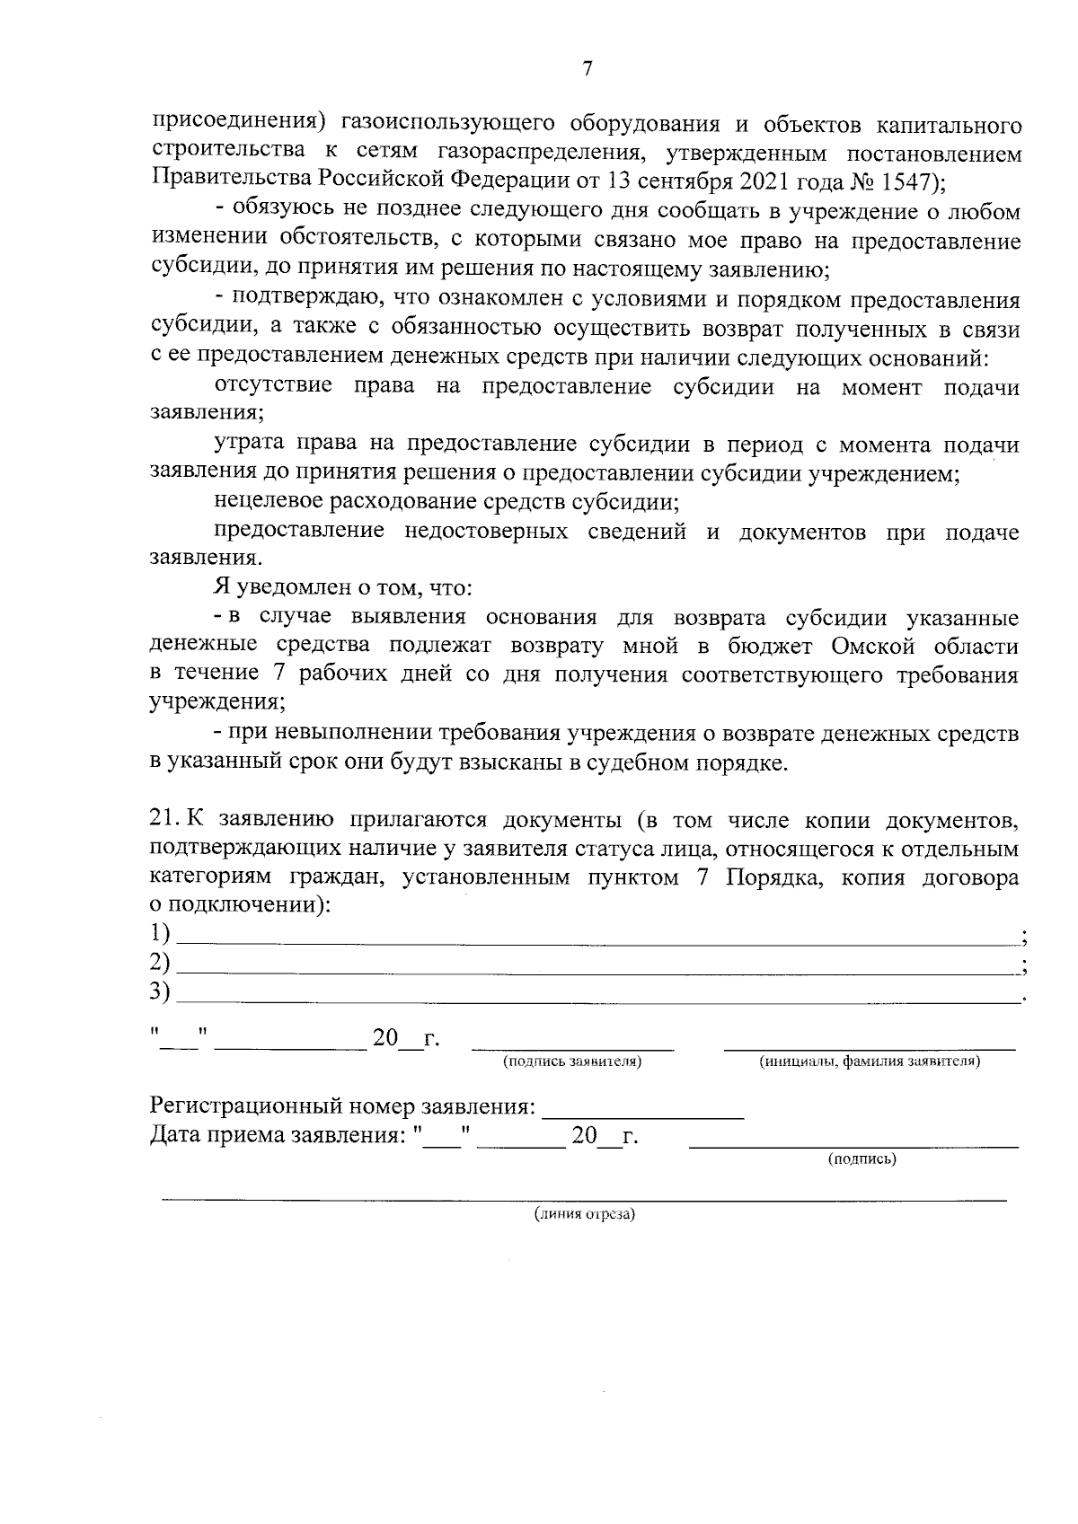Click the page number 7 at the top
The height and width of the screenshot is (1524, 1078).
(x=587, y=69)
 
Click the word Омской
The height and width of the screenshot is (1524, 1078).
(x=874, y=647)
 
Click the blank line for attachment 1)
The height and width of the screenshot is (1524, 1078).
(x=597, y=939)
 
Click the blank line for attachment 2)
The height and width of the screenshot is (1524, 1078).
(x=597, y=970)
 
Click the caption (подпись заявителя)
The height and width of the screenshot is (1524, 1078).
(x=572, y=1062)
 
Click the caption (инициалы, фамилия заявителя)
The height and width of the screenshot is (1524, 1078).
(x=869, y=1062)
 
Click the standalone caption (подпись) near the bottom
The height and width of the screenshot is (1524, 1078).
(x=861, y=1158)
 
